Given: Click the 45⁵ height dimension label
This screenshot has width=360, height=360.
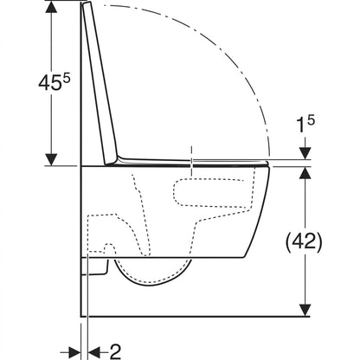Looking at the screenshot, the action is click(x=55, y=82).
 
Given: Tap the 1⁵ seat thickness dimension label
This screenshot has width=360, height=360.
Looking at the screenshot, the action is click(x=306, y=124).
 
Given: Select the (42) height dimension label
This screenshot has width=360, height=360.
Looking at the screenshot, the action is click(x=304, y=241).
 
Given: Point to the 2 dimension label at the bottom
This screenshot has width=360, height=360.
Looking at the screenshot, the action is click(x=115, y=351).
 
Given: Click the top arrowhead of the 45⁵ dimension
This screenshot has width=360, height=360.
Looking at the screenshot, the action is click(x=52, y=7).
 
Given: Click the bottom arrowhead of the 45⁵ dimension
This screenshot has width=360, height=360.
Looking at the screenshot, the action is click(x=52, y=160).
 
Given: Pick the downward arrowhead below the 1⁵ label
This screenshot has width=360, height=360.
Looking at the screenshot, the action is click(x=305, y=153).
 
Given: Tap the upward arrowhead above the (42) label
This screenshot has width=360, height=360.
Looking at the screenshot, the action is click(x=305, y=172).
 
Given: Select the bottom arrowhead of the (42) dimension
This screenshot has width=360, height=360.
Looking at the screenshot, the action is click(x=305, y=310).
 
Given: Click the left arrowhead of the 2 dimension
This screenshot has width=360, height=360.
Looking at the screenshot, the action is click(x=74, y=352).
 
